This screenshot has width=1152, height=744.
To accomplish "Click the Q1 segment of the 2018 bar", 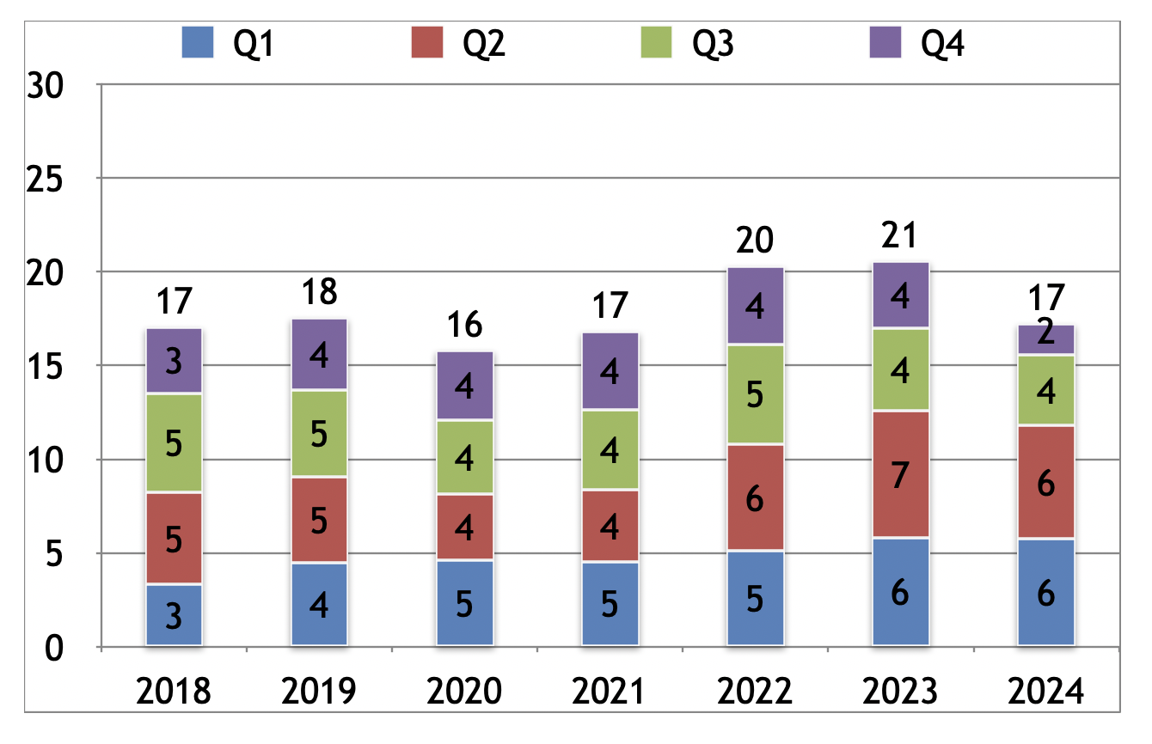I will pos(174,615).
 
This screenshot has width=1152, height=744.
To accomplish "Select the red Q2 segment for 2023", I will pos(900,474).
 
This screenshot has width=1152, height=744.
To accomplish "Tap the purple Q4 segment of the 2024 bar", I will pos(1045,340).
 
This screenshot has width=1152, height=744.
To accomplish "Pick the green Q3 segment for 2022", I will pos(755,394).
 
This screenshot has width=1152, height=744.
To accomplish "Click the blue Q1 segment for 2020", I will pos(464,602).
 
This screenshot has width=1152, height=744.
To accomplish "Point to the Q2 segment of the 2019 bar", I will pos(319,520).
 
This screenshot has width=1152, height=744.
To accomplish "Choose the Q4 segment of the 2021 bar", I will pos(610,371).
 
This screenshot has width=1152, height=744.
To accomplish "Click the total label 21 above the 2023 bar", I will pos(900,235).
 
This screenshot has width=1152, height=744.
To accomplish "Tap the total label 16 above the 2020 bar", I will pos(464,326).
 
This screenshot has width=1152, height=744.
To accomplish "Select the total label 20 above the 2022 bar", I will pos(755,241).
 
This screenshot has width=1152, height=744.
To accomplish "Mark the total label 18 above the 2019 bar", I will pos(319,293).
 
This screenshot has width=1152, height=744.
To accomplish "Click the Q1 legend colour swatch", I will pos(197,41).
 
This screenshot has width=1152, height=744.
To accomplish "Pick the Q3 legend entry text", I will pos(713,42).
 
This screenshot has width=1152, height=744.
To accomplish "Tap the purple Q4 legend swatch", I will pos(885,41).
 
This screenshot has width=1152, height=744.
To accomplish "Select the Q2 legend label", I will pos(483,42).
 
